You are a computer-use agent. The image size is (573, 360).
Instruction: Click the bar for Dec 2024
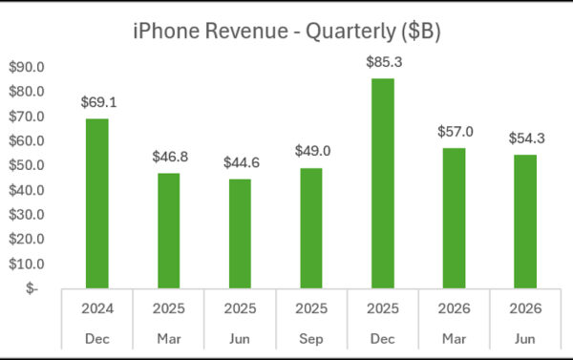(x=97, y=203)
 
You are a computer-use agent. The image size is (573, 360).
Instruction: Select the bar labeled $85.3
(x=383, y=183)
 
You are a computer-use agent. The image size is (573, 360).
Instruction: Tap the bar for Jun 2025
(x=240, y=234)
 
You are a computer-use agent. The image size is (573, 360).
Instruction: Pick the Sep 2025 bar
(x=311, y=228)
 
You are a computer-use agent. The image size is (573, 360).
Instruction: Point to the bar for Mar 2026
(x=455, y=218)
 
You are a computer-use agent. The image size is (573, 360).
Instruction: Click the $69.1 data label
(x=98, y=102)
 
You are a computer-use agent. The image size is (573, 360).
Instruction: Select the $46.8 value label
(x=170, y=157)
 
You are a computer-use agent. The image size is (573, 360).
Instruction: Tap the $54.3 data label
(x=526, y=138)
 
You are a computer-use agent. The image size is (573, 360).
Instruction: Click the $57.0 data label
(x=456, y=132)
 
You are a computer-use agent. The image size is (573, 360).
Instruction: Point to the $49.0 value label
(x=313, y=151)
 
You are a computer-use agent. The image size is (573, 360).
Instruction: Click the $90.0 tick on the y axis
(x=27, y=67)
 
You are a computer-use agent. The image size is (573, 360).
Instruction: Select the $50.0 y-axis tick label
(x=27, y=165)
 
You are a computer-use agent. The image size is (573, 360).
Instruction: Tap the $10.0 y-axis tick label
(x=27, y=264)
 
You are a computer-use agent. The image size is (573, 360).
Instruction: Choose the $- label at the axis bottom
(x=32, y=288)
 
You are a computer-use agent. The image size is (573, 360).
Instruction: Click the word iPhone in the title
(x=166, y=31)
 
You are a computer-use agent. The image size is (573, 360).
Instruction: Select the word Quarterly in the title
(x=350, y=32)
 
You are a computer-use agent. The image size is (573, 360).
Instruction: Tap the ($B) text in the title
(x=420, y=32)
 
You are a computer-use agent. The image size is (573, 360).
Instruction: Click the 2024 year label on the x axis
(x=97, y=308)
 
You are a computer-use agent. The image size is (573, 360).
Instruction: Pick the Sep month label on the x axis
(x=311, y=339)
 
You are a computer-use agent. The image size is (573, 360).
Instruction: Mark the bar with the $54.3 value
(x=525, y=222)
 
